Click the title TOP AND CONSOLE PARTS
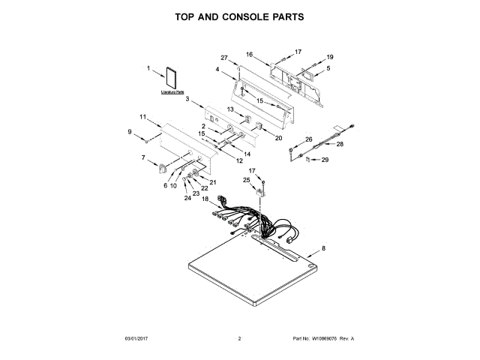(239, 16)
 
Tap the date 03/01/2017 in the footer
(137, 339)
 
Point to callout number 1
(148, 70)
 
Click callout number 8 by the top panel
(324, 248)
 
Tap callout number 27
(223, 58)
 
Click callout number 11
(142, 116)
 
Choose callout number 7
(143, 157)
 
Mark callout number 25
(246, 180)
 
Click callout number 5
(328, 68)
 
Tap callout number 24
(187, 198)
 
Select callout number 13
(232, 109)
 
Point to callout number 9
(130, 133)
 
